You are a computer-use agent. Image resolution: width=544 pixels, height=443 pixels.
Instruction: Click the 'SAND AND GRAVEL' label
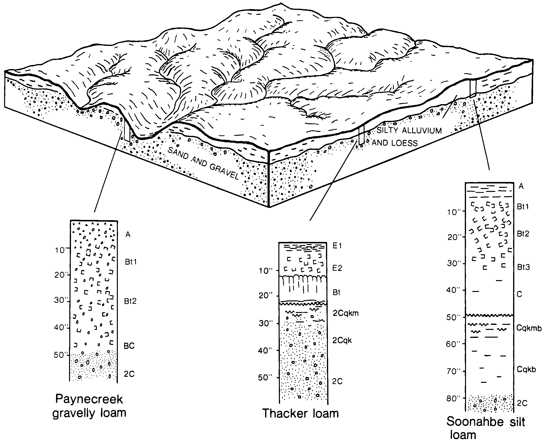[203, 164]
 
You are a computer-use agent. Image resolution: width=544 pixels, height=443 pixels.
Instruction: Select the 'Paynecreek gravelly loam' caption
[89, 406]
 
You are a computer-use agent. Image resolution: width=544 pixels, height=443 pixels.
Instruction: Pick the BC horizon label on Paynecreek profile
[129, 346]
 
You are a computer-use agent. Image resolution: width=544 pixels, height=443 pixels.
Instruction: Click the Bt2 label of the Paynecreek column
[130, 301]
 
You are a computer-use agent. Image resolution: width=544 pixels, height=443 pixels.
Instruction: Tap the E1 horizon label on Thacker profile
[337, 246]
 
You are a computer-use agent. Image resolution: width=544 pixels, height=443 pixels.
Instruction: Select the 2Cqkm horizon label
[346, 313]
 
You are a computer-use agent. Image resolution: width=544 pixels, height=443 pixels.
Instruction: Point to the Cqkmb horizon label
[529, 328]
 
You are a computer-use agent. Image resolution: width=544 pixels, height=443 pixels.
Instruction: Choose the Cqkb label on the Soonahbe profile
[526, 369]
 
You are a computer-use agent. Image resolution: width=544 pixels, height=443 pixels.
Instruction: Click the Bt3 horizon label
[523, 267]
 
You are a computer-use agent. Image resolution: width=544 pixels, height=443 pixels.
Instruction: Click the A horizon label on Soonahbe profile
[521, 186]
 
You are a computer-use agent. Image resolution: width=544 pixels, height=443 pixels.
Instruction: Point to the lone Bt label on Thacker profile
[337, 292]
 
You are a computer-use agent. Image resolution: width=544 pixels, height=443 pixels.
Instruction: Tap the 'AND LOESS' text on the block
[395, 143]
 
